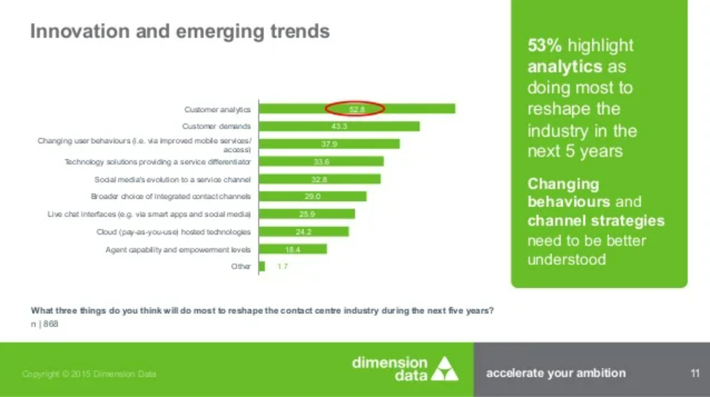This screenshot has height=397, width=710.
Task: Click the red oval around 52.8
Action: click(x=355, y=109)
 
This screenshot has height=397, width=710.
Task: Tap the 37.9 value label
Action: click(x=329, y=144)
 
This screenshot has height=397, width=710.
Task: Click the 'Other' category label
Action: click(x=240, y=266)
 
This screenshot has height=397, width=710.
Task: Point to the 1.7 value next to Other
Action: click(x=283, y=266)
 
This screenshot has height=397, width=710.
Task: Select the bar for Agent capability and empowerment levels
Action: click(x=292, y=249)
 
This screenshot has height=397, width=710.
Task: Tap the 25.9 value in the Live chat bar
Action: click(x=307, y=214)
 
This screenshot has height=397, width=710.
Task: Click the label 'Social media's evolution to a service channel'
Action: click(x=172, y=179)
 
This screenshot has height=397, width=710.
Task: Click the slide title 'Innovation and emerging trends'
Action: click(x=179, y=32)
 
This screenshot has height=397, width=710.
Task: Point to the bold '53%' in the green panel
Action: click(x=544, y=46)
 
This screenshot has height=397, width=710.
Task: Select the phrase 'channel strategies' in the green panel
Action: click(x=596, y=221)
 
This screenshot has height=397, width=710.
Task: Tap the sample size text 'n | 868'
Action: click(x=44, y=324)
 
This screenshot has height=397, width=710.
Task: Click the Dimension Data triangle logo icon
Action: click(x=445, y=368)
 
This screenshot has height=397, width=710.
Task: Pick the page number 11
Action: click(x=694, y=373)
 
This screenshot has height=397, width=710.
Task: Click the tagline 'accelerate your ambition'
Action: click(x=556, y=373)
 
